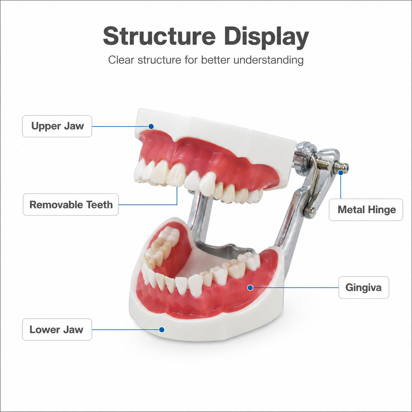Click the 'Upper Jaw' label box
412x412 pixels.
pos(57,126)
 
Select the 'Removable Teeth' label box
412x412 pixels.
pos(71,204)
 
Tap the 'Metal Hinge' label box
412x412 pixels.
pos(366,210)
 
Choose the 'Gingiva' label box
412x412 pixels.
pos(364,287)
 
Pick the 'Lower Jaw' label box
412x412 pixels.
pos(57,330)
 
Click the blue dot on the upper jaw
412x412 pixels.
pos(151,126)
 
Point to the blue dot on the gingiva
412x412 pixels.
pos(250,288)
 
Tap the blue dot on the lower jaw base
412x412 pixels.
pos(162,330)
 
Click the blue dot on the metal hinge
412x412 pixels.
pos(341,172)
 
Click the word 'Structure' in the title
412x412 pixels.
pos(159,36)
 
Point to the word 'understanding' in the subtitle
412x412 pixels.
pos(268,60)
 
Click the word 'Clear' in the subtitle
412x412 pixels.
pos(121,60)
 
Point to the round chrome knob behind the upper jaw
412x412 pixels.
pos(306,148)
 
